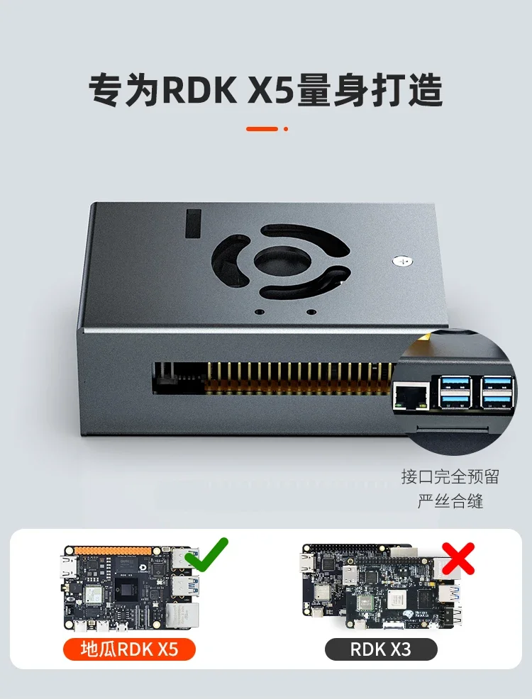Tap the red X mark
click(x=458, y=558)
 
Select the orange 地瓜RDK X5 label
click(x=129, y=649)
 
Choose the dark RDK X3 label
click(x=381, y=649)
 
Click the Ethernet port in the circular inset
click(x=411, y=396)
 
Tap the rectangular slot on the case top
click(x=193, y=223)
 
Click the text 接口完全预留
click(x=450, y=476)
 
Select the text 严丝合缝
click(x=450, y=501)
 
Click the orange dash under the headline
click(x=262, y=129)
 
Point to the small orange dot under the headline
click(x=286, y=129)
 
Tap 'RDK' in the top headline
click(x=199, y=89)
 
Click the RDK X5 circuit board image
click(x=131, y=588)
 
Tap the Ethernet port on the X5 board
click(x=182, y=615)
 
